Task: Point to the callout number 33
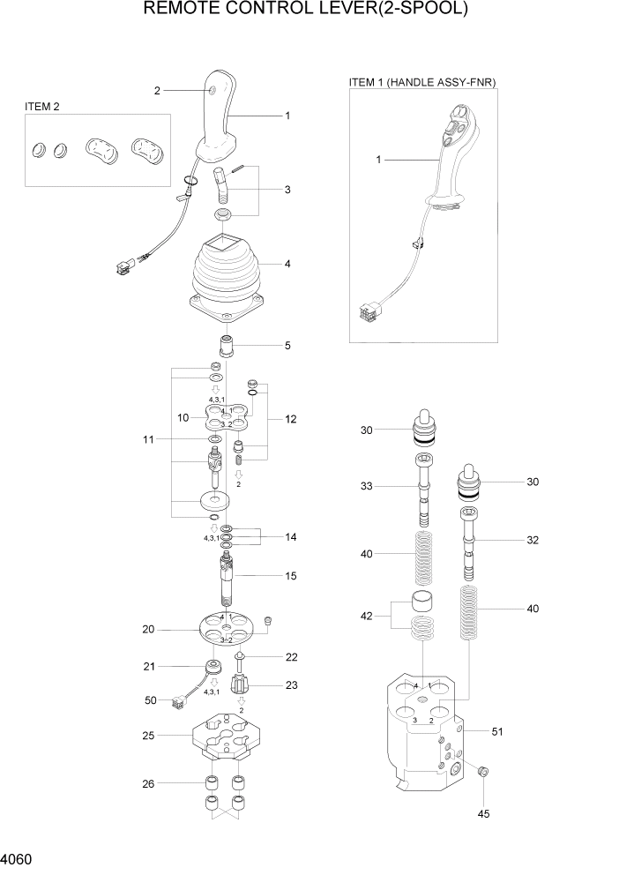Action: coord(366,486)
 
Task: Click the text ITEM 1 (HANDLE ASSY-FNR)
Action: coord(423,82)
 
